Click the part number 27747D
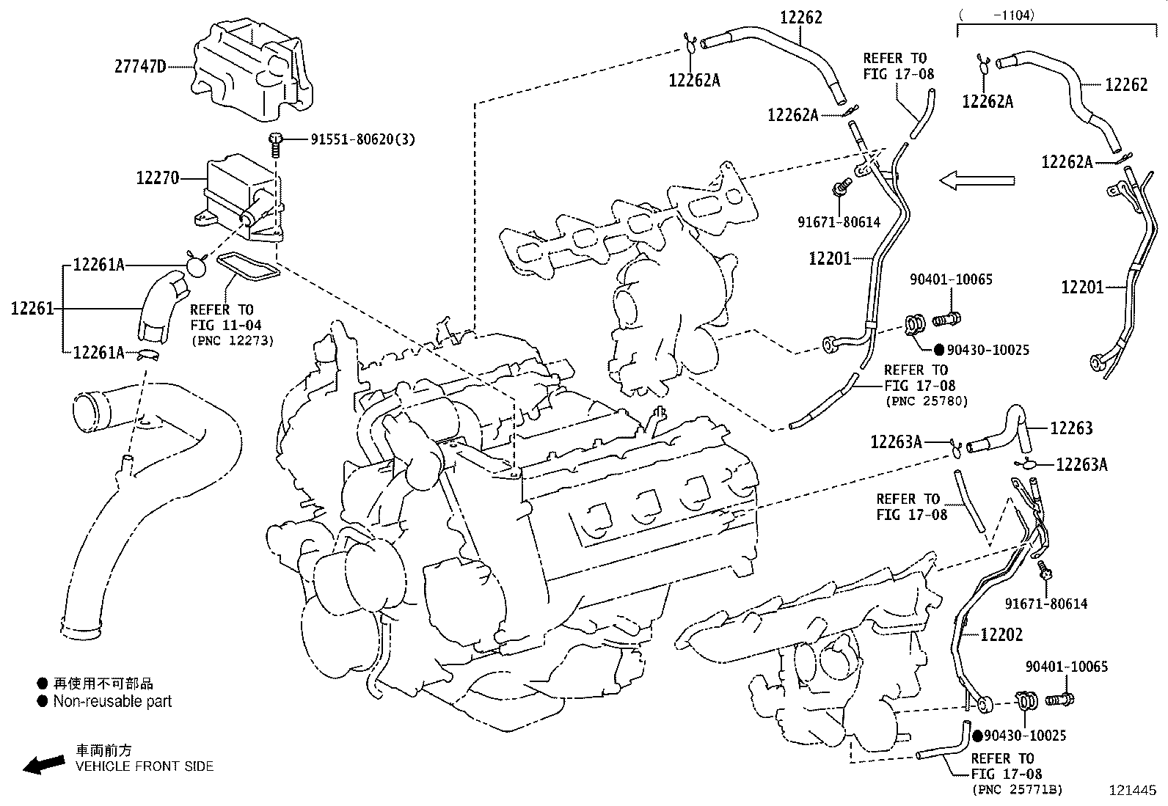(x=139, y=67)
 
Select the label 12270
(x=157, y=178)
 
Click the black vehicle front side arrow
(x=43, y=764)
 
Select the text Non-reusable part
(x=112, y=701)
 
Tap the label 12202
(x=1001, y=634)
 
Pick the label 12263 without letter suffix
(x=1071, y=428)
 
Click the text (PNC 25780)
(x=927, y=401)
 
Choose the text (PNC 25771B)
(x=1017, y=789)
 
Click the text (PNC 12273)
(x=232, y=340)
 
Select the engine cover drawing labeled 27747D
(x=253, y=70)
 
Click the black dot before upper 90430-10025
(x=939, y=351)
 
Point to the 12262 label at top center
(x=800, y=18)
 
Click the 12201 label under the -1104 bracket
(x=1081, y=287)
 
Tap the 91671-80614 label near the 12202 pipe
(x=1045, y=604)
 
